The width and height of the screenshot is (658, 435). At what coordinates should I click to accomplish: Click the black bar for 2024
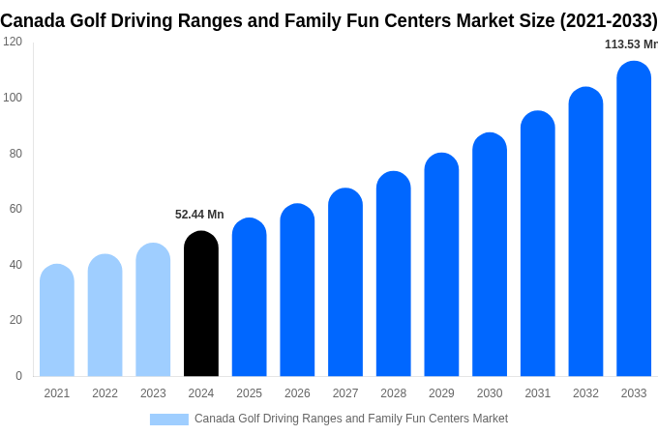pos(201,304)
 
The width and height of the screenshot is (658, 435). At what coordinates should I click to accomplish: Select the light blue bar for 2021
pos(57,321)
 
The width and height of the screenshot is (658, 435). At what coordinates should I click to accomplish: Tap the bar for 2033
pos(634,219)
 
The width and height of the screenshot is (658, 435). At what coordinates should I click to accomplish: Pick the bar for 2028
pos(393,275)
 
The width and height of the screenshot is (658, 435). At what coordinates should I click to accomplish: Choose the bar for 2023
pos(153,310)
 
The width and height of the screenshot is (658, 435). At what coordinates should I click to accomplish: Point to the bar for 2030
pos(490,255)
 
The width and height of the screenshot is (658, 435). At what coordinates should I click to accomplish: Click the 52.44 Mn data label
pos(199,215)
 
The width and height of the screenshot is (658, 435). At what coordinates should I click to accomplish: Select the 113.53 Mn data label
pos(630,44)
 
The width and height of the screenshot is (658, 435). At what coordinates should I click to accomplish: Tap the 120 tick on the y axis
pos(13,42)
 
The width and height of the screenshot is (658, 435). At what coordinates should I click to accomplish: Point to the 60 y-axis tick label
pos(15,209)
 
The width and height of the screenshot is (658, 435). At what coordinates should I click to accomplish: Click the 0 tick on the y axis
pos(18,376)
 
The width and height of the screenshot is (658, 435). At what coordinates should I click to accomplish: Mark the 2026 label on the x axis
pos(297,393)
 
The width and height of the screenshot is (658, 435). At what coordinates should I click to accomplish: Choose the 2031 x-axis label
pos(538,393)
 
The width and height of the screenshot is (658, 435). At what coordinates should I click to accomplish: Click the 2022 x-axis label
pos(105,393)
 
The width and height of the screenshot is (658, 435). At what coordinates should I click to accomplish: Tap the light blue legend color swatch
pos(168,420)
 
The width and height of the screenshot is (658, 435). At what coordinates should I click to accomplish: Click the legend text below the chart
pos(350,419)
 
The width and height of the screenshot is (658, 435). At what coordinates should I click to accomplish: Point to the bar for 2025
pos(249,298)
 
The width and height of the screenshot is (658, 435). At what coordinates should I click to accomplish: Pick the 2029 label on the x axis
pos(441,393)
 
